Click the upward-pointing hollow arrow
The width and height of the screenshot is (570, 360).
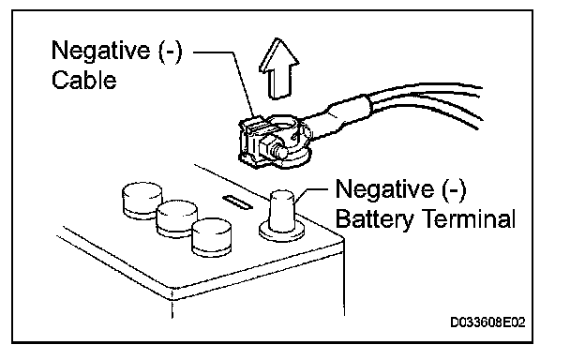pyautogui.click(x=278, y=69)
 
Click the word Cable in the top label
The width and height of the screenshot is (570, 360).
pyautogui.click(x=84, y=80)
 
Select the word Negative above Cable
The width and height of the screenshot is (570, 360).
pyautogui.click(x=100, y=50)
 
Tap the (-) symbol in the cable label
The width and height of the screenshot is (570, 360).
pyautogui.click(x=170, y=52)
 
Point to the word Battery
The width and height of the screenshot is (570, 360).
pyautogui.click(x=375, y=219)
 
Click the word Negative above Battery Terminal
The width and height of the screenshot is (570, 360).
pyautogui.click(x=384, y=188)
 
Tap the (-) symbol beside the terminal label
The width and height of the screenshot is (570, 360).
pyautogui.click(x=454, y=190)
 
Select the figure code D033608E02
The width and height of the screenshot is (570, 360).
pyautogui.click(x=487, y=322)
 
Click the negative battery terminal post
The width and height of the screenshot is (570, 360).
pyautogui.click(x=282, y=216)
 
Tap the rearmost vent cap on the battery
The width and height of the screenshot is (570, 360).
pyautogui.click(x=142, y=201)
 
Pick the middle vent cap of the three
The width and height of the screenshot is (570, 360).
pyautogui.click(x=176, y=218)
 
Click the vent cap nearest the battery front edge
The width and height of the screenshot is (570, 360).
pyautogui.click(x=212, y=237)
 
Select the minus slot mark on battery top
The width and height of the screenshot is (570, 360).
pyautogui.click(x=238, y=202)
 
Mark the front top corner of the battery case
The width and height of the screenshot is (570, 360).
pyautogui.click(x=172, y=292)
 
